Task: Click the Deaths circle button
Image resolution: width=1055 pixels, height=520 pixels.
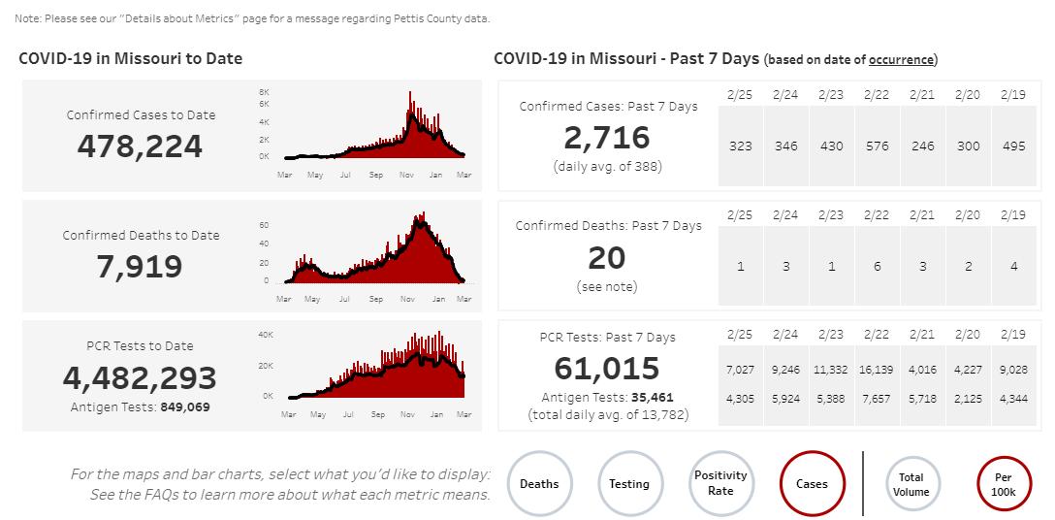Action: tap(539, 483)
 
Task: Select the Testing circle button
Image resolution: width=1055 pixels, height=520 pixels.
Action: tap(629, 483)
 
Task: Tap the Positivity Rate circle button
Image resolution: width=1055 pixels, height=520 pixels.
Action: tap(720, 483)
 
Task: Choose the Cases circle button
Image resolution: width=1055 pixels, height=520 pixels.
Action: tap(812, 483)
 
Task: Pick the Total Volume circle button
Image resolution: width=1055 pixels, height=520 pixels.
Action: tap(911, 484)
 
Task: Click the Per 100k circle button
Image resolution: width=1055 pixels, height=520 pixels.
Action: tap(1004, 484)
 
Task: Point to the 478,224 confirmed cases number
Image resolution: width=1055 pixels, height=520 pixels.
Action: tap(140, 146)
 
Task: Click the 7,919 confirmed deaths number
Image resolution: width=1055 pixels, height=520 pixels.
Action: tap(140, 266)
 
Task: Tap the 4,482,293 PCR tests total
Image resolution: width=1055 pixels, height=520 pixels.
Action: tap(140, 377)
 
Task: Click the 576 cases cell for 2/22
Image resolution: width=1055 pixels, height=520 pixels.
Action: tap(878, 146)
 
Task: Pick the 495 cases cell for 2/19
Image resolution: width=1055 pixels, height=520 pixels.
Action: tap(1014, 146)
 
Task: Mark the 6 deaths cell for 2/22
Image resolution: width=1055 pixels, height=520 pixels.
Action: tap(878, 266)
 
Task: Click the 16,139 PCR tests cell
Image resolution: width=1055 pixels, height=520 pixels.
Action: tap(878, 369)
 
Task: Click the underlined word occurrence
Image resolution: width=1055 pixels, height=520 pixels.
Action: tap(901, 60)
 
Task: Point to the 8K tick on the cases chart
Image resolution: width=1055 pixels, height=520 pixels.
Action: tap(264, 92)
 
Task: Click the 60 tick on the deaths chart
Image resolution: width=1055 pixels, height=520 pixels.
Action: tap(264, 225)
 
